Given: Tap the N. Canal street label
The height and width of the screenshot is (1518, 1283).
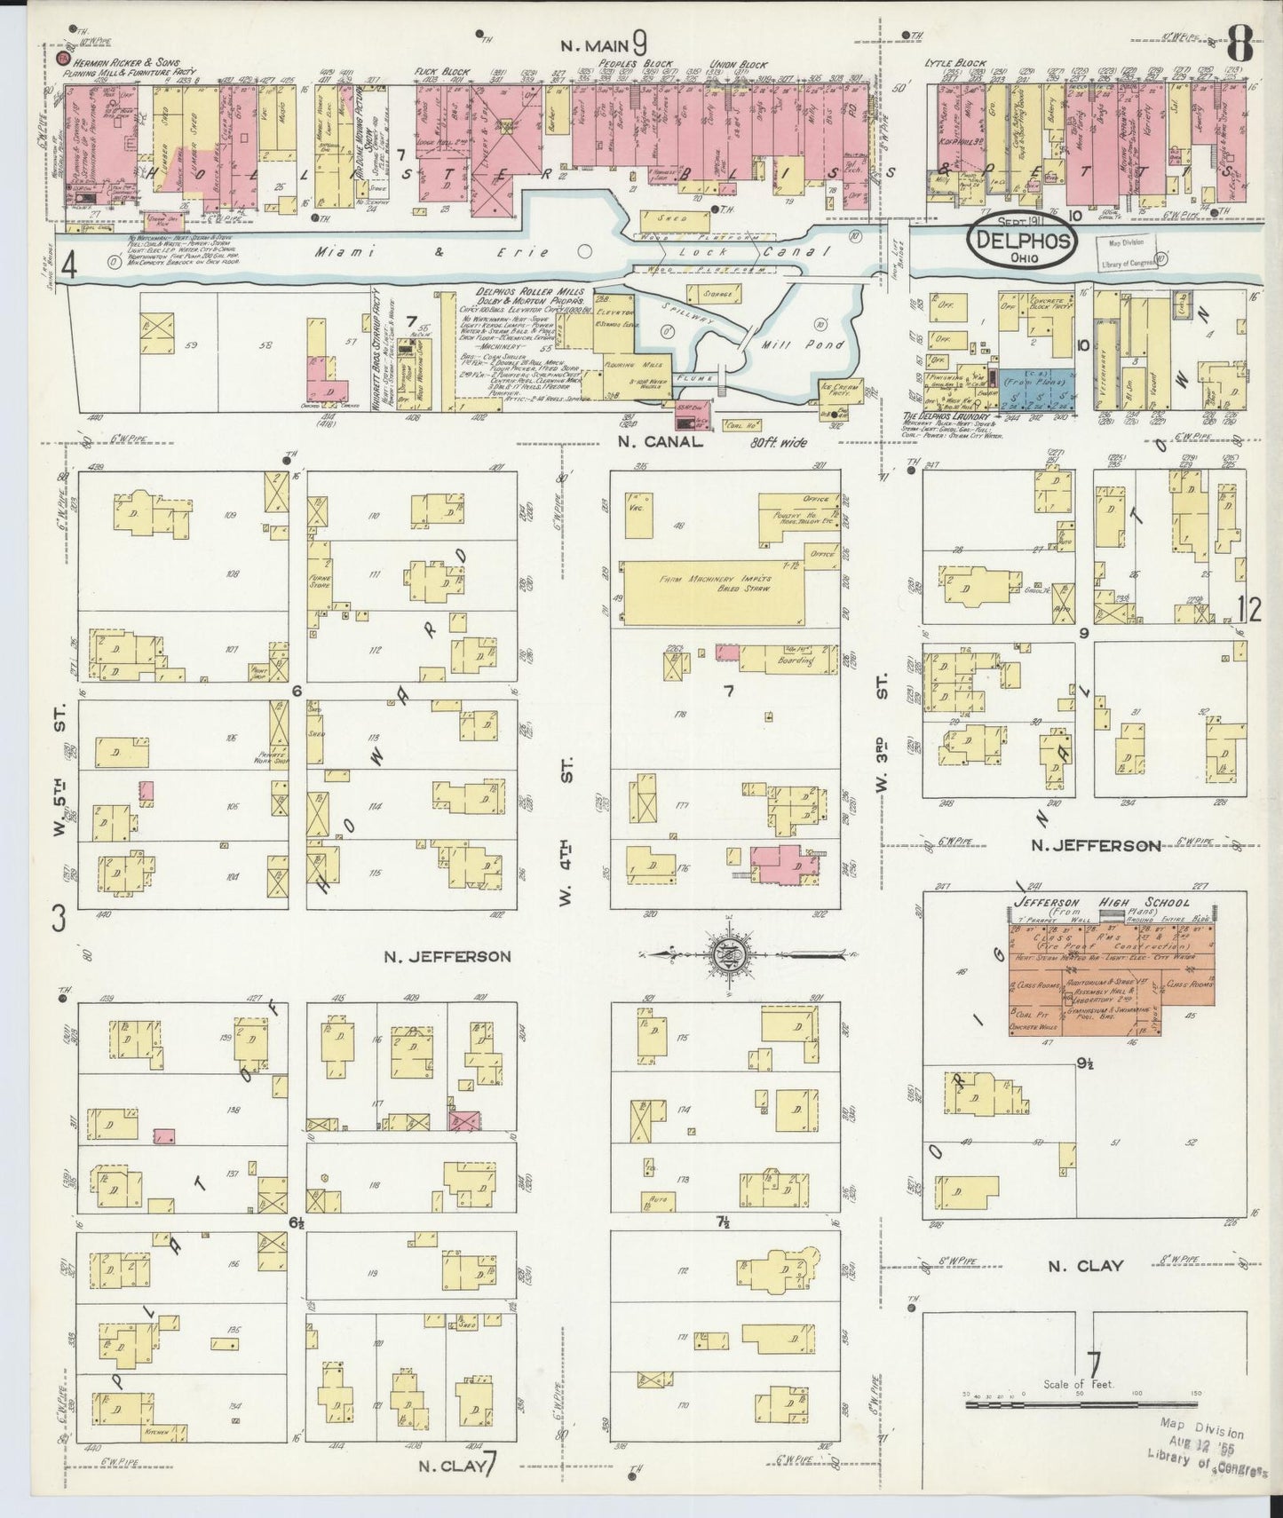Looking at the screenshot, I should [661, 440].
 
